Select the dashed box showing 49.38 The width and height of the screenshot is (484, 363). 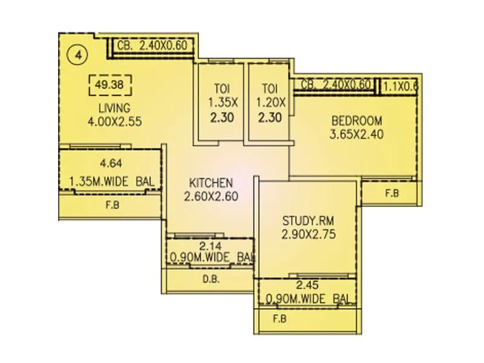coord(110,85)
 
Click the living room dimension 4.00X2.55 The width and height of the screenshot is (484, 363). coord(114,121)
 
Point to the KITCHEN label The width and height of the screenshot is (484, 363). coord(211,183)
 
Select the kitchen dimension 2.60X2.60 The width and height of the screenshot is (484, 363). coord(211,196)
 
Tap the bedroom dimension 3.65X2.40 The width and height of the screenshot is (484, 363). coord(356,134)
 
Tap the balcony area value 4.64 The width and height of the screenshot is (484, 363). coord(110,162)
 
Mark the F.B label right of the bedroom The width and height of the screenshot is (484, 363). coord(392,194)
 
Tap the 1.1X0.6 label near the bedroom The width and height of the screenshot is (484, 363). coord(401,85)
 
